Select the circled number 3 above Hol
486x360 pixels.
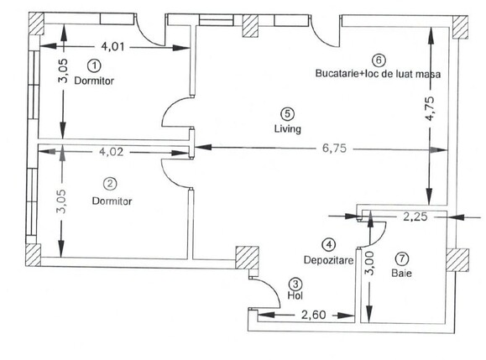pyautogui.click(x=295, y=284)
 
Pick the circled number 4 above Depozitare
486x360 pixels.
pyautogui.click(x=329, y=244)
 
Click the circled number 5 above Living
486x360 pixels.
pyautogui.click(x=287, y=113)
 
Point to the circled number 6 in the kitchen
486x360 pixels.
pyautogui.click(x=379, y=60)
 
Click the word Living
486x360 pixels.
pyautogui.click(x=287, y=129)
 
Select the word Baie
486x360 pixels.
pyautogui.click(x=400, y=274)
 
